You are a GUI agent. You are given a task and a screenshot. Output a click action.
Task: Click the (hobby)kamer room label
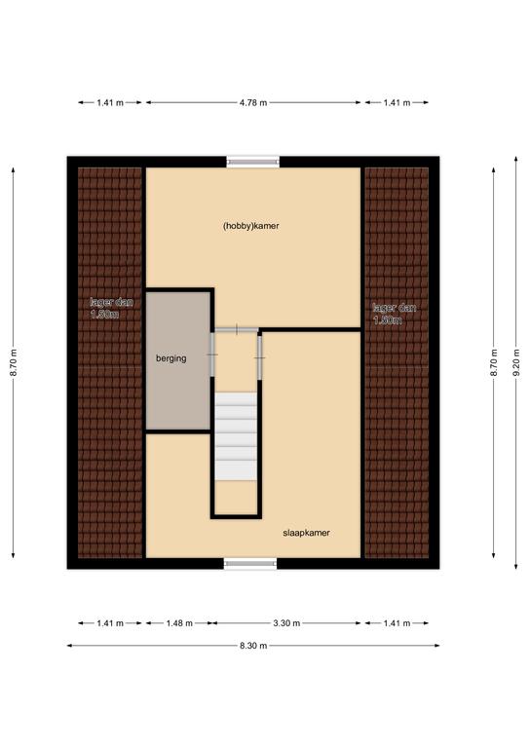coord(251,226)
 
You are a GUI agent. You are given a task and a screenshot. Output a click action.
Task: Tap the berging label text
coord(171,358)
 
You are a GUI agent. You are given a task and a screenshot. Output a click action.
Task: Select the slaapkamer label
coord(306,533)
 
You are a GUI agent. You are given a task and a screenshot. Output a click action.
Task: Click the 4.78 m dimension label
coord(253,102)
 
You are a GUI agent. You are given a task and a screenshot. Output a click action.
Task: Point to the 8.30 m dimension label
coord(253,646)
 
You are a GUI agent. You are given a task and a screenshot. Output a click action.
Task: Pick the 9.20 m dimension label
coord(516,362)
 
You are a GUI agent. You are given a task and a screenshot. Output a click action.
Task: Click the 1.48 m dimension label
coord(179,623)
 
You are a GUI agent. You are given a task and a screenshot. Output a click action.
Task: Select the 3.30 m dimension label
coord(286,623)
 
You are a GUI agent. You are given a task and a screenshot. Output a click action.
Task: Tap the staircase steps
coord(236,436)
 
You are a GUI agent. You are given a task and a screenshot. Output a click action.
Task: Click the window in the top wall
coord(253,162)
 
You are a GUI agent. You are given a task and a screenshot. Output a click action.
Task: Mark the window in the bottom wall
coord(250,563)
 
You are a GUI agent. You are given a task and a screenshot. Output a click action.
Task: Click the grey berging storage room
coord(178,360)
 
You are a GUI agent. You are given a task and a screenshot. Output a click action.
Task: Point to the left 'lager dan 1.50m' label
coord(111,308)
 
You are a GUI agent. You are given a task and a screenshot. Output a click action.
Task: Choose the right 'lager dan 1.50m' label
coord(395,314)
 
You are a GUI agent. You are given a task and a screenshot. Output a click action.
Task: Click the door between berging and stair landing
coord(212,355)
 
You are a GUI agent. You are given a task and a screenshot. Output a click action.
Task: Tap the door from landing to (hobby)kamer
coord(237,329)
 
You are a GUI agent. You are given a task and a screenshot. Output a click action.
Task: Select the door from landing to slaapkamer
coord(259,357)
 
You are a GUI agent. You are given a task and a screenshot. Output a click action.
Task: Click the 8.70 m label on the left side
coord(14,362)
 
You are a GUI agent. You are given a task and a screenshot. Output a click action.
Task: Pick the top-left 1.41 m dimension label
coord(110,102)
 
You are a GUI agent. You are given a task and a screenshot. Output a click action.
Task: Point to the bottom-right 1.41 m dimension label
coord(397,623)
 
